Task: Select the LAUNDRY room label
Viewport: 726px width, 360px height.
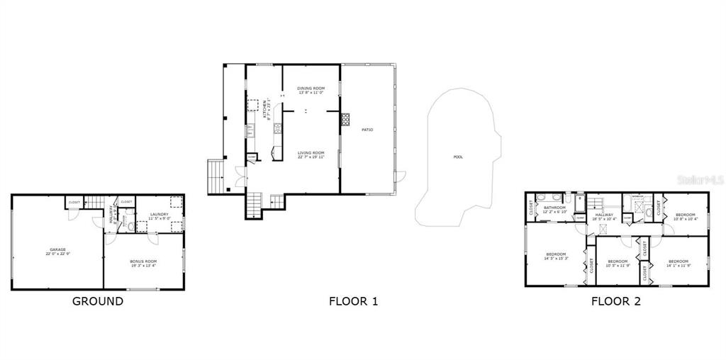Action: coord(159,215)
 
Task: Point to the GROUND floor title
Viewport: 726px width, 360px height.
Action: coord(98,301)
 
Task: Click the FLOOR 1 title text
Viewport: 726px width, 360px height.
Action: coord(353,301)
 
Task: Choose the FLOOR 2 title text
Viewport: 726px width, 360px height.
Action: coord(616,301)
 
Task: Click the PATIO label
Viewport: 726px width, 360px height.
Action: coord(367,130)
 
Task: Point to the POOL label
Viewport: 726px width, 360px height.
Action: coord(458,157)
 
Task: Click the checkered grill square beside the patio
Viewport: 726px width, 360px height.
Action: coord(346,119)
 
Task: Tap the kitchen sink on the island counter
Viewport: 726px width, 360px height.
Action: coord(277,129)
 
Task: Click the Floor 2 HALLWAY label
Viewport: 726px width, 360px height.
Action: coord(604,216)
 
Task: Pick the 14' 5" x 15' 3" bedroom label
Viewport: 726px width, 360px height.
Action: coord(556,256)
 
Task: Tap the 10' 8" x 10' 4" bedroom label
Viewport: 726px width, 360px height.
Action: coord(686,217)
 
